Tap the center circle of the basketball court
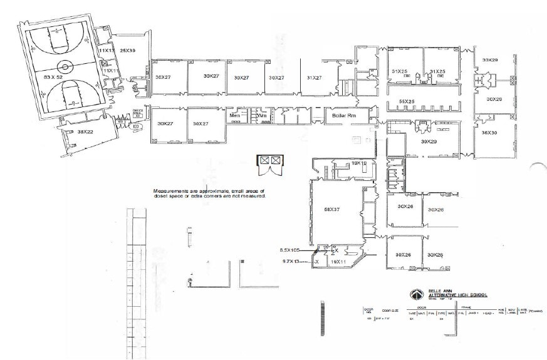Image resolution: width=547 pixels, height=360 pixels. coord(65,66)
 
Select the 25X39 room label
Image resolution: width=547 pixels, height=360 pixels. coord(128,50)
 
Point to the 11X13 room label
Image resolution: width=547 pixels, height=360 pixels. coord(106,49)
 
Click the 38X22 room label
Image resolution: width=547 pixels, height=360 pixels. coord(86,131)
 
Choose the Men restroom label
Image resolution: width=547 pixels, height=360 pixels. coord(235,115)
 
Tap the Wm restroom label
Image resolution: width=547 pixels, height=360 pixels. coord(262,115)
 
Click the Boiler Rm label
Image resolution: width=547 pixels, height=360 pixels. coord(344,116)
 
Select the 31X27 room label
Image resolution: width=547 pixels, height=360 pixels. coord(313,78)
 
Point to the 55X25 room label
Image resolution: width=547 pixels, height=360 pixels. coord(407,101)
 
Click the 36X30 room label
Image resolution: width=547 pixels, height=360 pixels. coord(489,133)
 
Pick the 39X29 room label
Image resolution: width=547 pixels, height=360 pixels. coord(429,142)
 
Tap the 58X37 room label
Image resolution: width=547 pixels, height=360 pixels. coord(331,210)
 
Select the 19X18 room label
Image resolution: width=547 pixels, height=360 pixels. coord(358,163)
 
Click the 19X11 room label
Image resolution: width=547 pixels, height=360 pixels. coord(338,261)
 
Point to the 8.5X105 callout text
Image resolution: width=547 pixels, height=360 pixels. coord(292,250)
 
